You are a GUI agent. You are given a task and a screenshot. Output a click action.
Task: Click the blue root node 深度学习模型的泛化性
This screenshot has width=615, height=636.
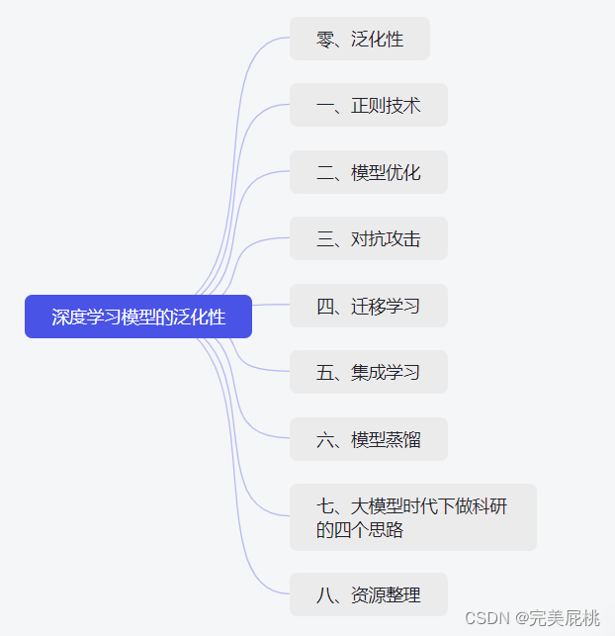[x=138, y=317]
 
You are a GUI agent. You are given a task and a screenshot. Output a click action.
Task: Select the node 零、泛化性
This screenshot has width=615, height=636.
[x=359, y=39]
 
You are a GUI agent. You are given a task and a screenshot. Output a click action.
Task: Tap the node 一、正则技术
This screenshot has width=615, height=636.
[x=368, y=105]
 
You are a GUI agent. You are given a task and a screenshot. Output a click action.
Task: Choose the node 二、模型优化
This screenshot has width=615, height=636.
[x=368, y=172]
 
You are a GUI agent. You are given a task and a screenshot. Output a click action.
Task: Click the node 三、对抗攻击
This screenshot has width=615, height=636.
[x=368, y=238]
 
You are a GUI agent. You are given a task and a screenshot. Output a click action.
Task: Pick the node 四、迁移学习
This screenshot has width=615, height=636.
[x=368, y=306]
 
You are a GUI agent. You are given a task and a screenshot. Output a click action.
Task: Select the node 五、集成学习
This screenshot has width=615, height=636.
[x=368, y=372]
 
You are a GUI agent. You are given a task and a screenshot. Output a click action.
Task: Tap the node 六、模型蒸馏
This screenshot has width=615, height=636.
[x=368, y=439]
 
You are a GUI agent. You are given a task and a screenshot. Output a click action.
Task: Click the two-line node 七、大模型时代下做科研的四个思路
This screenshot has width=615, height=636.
[x=412, y=517]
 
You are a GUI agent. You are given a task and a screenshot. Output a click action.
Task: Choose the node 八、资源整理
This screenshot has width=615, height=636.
[x=368, y=594]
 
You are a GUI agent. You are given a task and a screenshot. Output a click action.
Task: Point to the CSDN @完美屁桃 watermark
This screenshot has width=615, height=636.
[x=532, y=618]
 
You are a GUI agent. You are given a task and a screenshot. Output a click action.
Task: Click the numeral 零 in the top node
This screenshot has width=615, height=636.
[x=325, y=40]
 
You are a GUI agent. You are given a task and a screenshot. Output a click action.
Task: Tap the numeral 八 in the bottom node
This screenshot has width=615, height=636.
[x=325, y=595]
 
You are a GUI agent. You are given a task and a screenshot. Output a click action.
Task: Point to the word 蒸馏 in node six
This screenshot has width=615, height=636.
[x=403, y=439]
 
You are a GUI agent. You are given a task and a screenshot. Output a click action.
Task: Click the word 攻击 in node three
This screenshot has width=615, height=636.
[x=403, y=238]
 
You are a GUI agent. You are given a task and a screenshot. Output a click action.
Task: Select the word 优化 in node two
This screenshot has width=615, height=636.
[x=403, y=172]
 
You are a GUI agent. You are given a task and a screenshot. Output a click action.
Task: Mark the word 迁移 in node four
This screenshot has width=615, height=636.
[x=368, y=306]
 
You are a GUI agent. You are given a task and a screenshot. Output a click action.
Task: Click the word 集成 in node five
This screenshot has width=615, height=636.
[x=368, y=372]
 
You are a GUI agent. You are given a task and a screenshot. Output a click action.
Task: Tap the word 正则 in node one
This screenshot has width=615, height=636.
[x=368, y=105]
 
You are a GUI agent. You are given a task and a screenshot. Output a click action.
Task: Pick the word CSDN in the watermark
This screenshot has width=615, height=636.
[x=485, y=618]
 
